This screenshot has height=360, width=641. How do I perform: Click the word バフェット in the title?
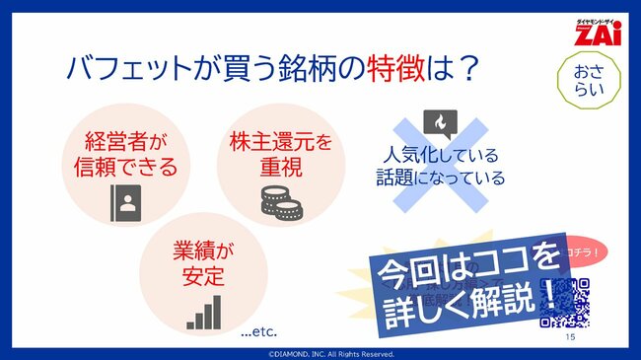126,70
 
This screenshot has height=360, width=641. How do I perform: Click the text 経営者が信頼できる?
125,152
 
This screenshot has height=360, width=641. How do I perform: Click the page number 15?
570,337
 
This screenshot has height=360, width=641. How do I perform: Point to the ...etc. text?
259,332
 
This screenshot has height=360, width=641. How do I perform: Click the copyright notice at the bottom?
320,353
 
